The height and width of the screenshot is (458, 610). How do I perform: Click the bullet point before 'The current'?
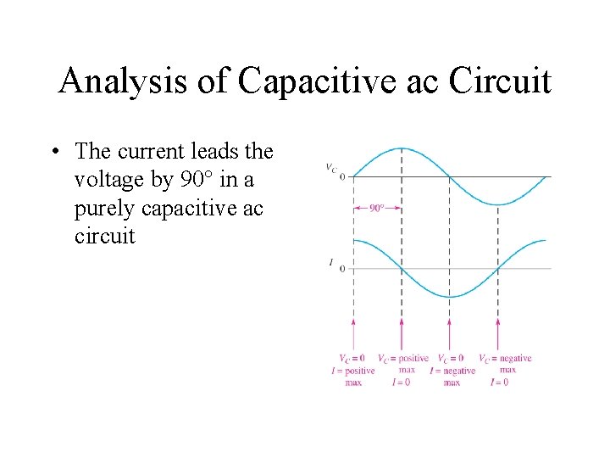[53, 152]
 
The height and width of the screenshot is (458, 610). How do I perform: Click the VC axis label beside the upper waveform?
[331, 167]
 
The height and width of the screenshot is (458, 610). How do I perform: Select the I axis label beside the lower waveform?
[330, 263]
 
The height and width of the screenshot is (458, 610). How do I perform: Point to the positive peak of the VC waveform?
[401, 149]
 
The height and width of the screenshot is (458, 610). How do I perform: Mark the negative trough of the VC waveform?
[498, 204]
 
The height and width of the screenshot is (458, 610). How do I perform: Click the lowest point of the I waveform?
[450, 296]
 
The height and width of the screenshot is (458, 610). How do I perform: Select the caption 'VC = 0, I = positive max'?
[353, 370]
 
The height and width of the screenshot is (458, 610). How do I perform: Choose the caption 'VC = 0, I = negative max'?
[452, 370]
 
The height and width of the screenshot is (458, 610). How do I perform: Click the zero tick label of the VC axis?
[341, 176]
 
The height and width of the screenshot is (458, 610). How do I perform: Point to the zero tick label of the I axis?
[341, 269]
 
